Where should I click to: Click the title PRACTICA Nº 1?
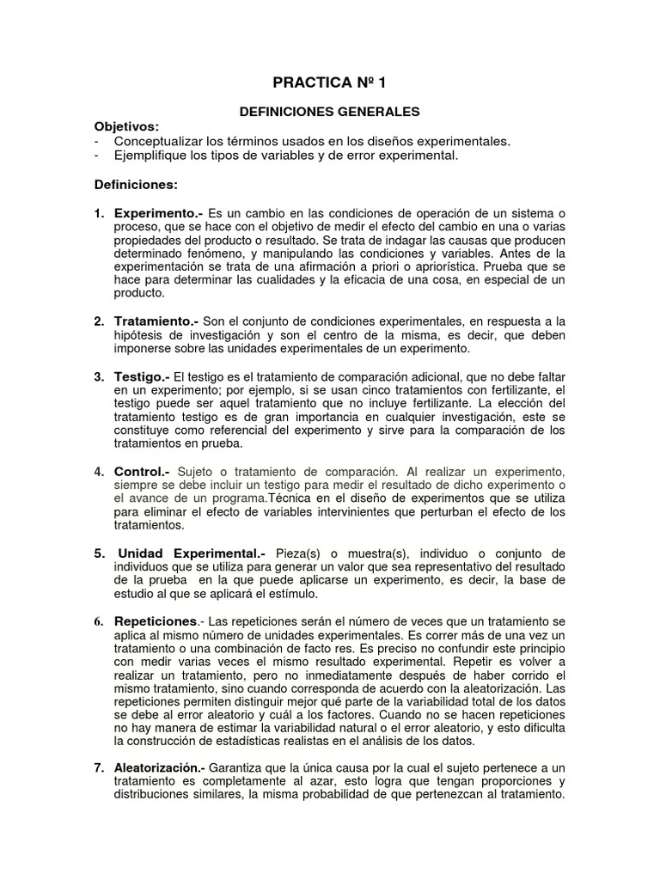pos(330,83)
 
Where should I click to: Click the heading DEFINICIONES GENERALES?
pos(329,112)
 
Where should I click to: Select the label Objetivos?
pos(126,126)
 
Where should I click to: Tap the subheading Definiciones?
pos(136,184)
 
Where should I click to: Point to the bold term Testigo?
pos(141,376)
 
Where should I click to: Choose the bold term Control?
pos(141,471)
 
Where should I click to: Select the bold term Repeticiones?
pos(156,620)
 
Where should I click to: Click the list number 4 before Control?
pos(98,471)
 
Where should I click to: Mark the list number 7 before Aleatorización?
pos(98,767)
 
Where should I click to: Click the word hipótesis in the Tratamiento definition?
pos(139,336)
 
